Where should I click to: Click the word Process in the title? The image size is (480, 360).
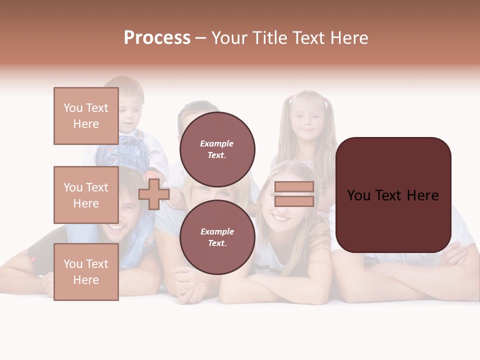click(157, 38)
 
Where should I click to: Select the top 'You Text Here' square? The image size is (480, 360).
click(86, 116)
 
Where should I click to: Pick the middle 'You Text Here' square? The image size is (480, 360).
click(86, 195)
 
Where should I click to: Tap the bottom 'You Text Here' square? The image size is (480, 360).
click(86, 271)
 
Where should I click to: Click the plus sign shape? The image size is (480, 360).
click(153, 194)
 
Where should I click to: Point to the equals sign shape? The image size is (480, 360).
click(294, 194)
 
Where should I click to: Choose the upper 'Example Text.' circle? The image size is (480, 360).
click(217, 149)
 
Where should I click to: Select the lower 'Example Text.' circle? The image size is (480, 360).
click(217, 237)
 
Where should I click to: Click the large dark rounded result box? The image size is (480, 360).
click(393, 195)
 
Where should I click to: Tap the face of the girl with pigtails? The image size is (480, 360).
click(306, 120)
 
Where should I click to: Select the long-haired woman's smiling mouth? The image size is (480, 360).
click(281, 218)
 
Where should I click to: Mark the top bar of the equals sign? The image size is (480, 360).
click(294, 187)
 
